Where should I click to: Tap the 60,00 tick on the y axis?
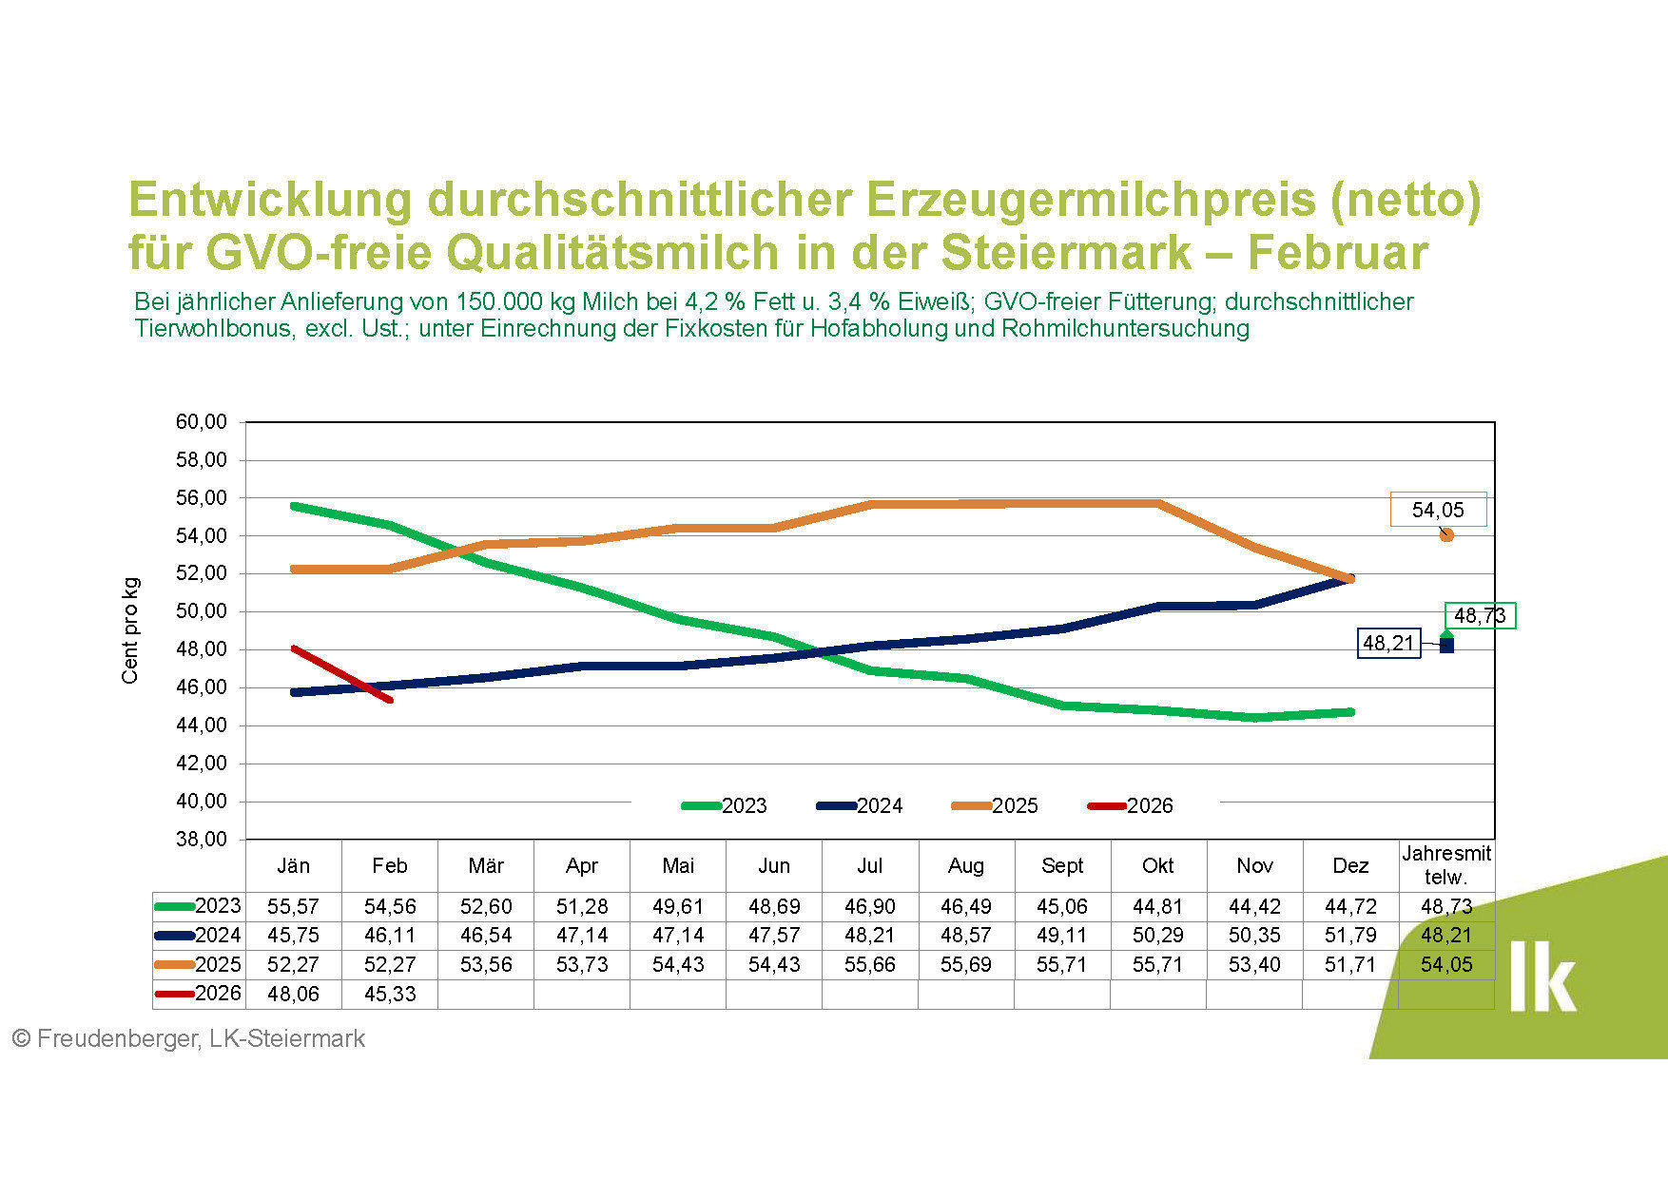202,422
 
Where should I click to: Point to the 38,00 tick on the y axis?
202,840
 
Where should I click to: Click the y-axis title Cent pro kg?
130,630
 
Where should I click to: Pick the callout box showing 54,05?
1437,510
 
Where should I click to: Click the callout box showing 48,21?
1388,644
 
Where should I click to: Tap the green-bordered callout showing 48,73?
1480,616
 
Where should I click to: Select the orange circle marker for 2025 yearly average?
1446,535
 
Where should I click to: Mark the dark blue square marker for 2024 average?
1446,646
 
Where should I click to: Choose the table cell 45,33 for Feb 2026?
390,995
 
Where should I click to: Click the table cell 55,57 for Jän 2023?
293,907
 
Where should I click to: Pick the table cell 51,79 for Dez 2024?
1350,936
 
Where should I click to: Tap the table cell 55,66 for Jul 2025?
869,965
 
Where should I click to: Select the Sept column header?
1062,866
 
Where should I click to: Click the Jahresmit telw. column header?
1445,865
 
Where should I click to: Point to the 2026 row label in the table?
218,994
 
